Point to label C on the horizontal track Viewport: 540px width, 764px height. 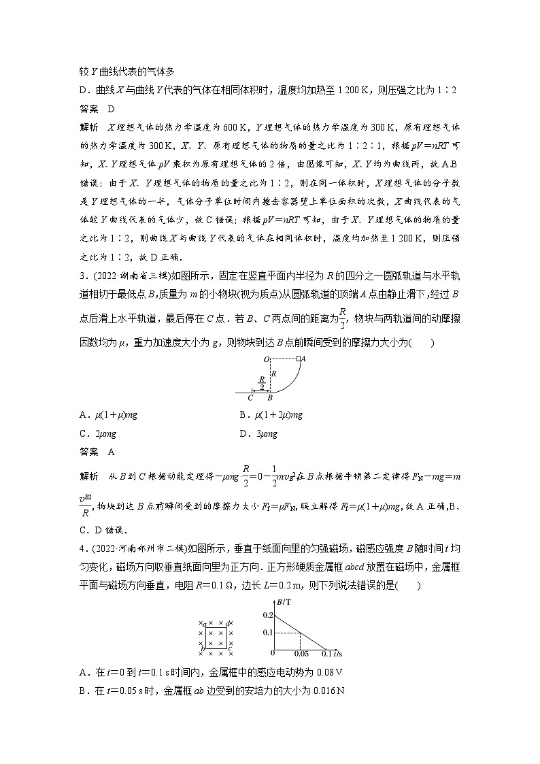coord(250,398)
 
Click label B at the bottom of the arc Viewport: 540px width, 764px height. coord(270,398)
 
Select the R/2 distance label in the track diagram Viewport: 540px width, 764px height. coord(261,384)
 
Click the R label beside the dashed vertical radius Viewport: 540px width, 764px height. coord(274,374)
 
